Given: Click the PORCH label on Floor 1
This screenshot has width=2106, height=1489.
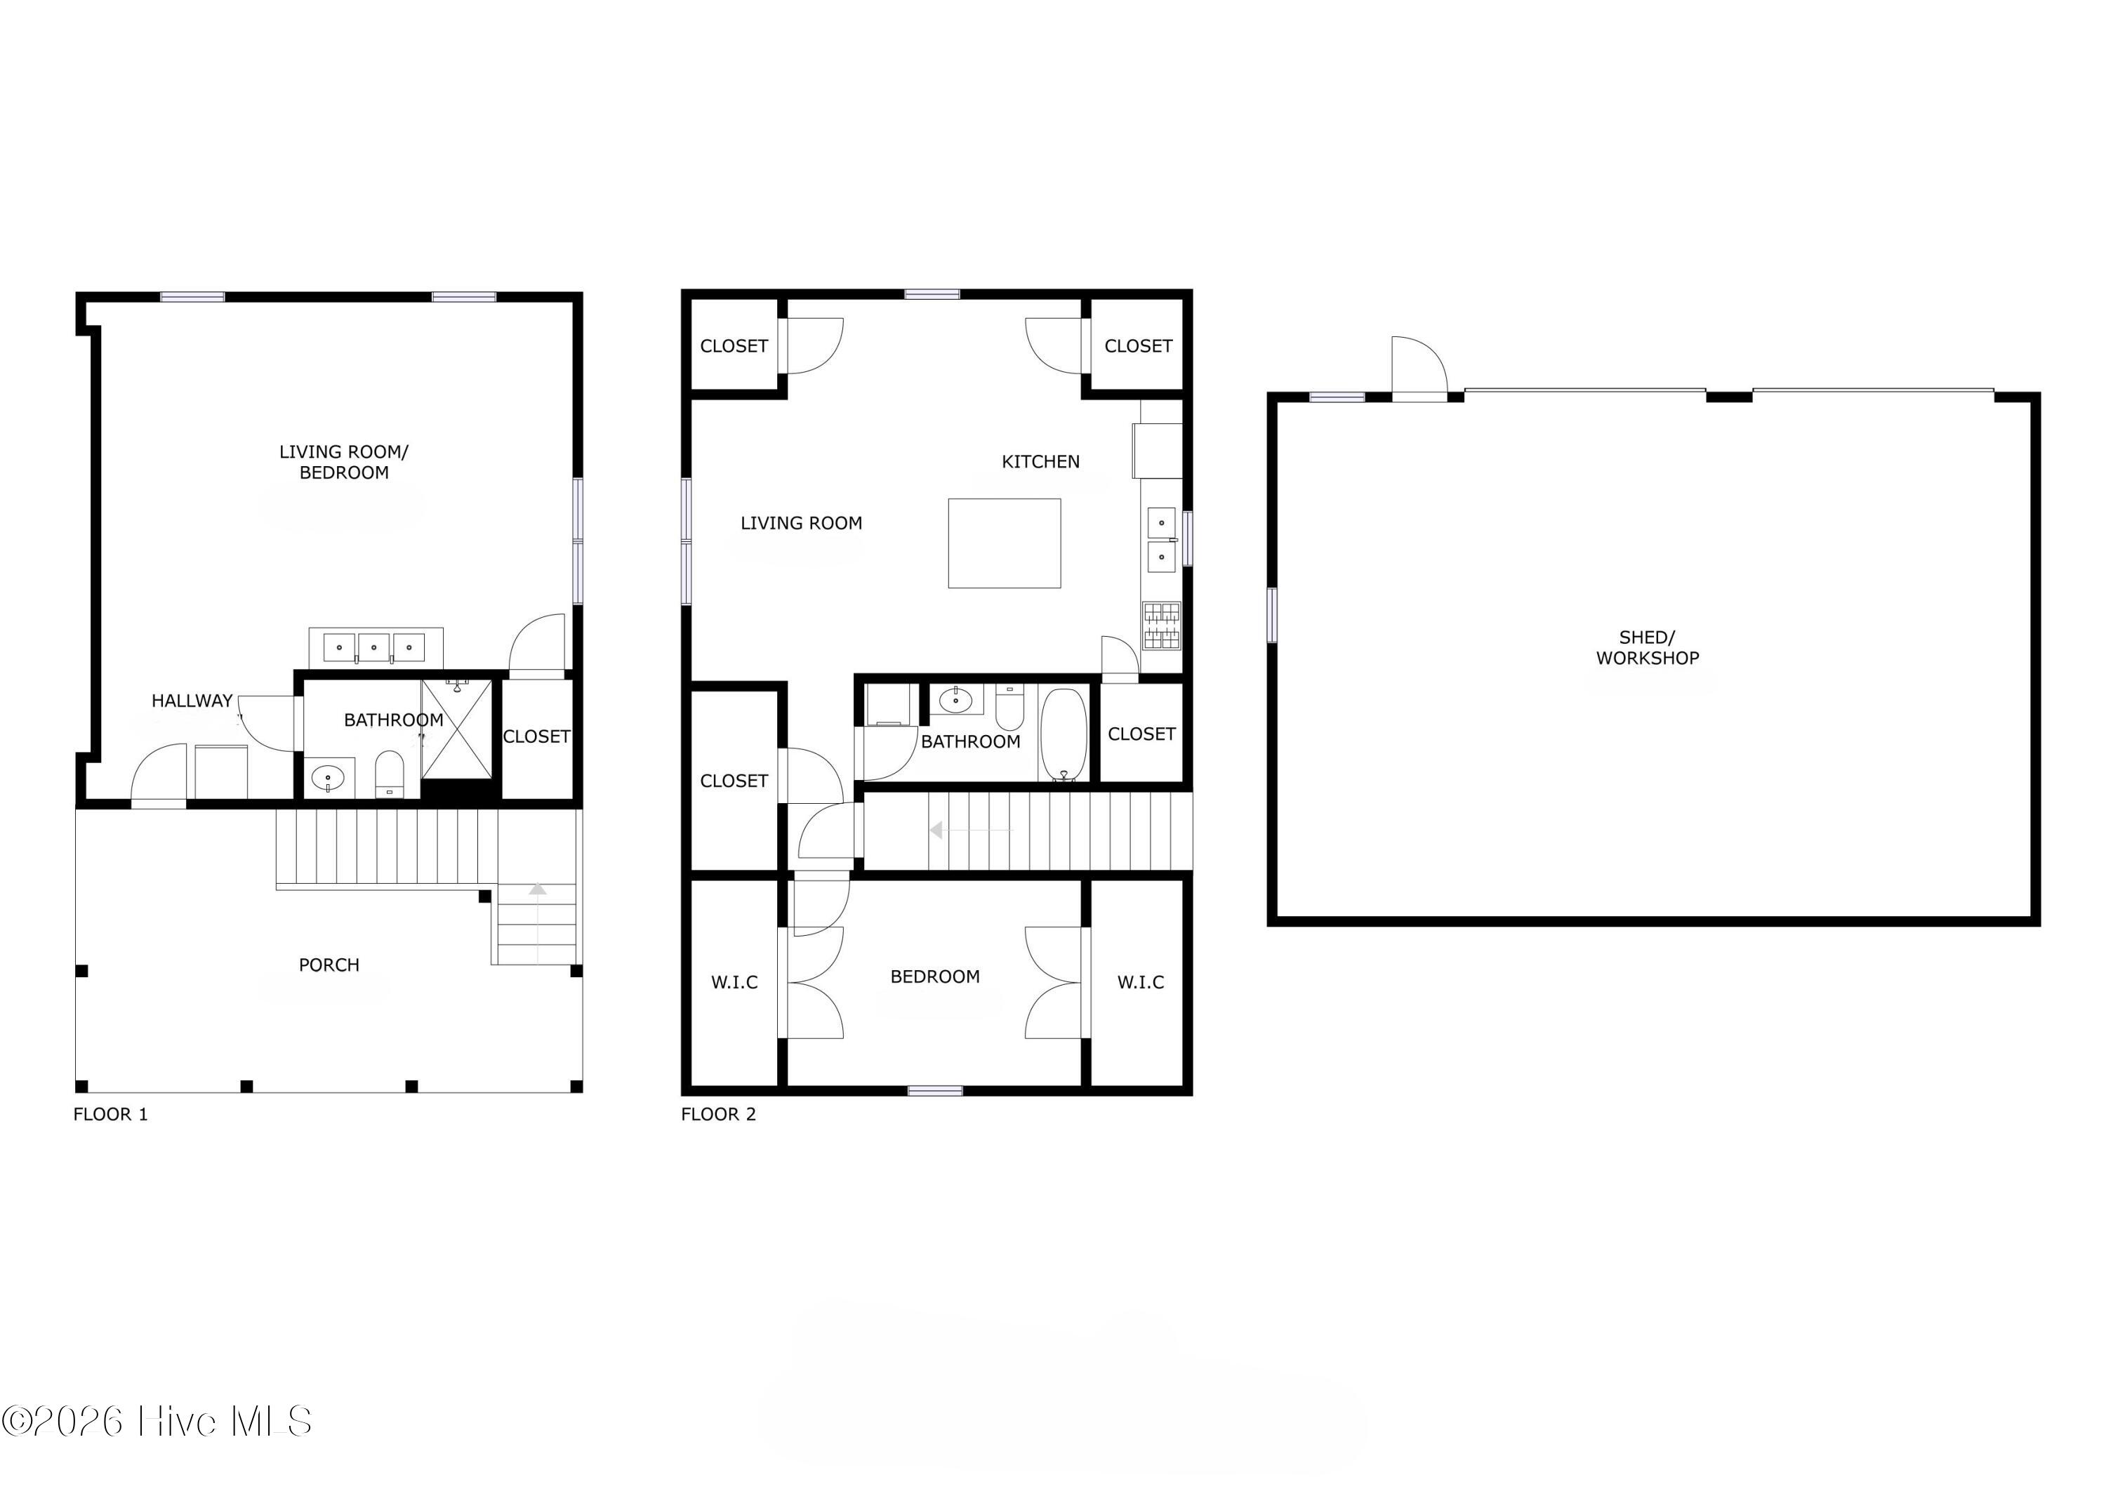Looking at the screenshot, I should [x=329, y=964].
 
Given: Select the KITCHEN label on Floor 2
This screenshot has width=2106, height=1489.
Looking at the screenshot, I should [x=1040, y=461].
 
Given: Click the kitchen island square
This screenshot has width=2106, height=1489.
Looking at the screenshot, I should [x=1005, y=543].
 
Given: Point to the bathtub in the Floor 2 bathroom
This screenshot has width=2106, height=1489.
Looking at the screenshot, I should [x=1063, y=734].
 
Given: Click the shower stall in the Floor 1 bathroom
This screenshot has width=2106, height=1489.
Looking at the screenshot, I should [x=457, y=729].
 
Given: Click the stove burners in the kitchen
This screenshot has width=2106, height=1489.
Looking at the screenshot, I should [x=1161, y=626].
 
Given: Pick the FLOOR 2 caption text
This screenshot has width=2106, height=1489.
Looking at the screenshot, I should [x=718, y=1114].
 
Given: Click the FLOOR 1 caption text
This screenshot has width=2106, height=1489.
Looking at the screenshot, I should [x=110, y=1114].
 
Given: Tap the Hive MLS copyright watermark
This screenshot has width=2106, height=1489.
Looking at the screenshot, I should [x=156, y=1421].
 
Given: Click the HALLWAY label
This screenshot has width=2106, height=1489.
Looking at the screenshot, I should [x=192, y=701].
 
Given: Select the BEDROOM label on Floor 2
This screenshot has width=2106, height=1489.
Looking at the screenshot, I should [x=934, y=976].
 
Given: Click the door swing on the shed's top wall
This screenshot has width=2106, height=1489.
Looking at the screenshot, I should [x=1417, y=368].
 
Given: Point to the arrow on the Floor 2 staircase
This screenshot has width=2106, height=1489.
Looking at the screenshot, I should [x=937, y=830].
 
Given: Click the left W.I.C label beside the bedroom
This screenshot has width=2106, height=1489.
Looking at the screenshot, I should [x=734, y=981].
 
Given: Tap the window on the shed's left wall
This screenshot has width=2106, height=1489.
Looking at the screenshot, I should [x=1271, y=615].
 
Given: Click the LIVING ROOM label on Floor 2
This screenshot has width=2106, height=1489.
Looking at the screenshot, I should [x=801, y=523].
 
